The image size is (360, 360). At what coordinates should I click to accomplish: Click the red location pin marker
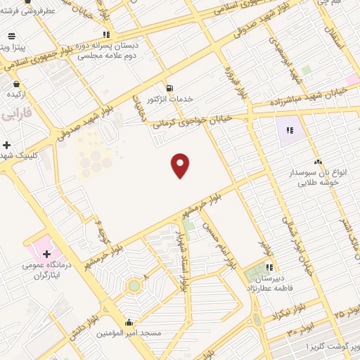(x=181, y=165)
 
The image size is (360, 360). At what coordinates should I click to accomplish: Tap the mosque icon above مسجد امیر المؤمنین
(x=128, y=321)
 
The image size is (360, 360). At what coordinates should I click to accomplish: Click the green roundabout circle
(x=133, y=286)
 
